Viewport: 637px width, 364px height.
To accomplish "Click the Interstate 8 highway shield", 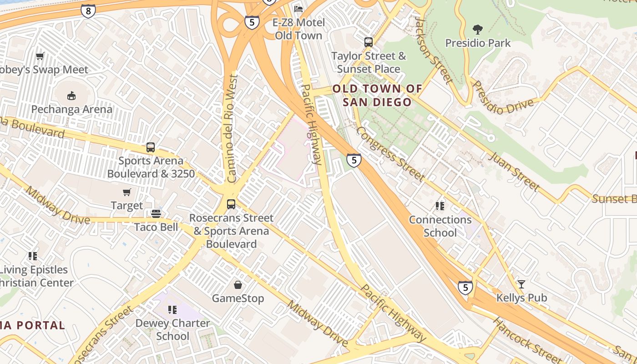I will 88,10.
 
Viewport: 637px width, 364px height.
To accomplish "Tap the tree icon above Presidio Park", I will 477,30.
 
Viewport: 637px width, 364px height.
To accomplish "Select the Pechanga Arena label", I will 71,109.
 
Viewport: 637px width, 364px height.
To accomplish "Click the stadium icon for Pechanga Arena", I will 71,96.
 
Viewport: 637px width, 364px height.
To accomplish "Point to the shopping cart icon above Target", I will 127,192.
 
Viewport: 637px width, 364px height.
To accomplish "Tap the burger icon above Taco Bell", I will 156,214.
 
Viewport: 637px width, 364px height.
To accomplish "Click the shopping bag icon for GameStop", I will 238,285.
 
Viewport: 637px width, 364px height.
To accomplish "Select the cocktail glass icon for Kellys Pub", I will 521,284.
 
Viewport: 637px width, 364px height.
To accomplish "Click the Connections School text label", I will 440,226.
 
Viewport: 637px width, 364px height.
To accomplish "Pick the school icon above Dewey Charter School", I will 172,310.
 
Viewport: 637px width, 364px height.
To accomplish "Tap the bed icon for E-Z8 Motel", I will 298,9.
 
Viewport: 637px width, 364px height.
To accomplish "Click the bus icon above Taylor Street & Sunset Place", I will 369,42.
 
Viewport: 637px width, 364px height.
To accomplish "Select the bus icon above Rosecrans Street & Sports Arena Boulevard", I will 231,204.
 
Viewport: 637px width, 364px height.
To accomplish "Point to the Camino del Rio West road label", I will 232,129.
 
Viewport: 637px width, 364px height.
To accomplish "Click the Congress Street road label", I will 390,153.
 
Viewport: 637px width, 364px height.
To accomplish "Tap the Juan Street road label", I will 514,172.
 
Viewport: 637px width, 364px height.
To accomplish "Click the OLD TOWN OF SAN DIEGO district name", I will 377,95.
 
